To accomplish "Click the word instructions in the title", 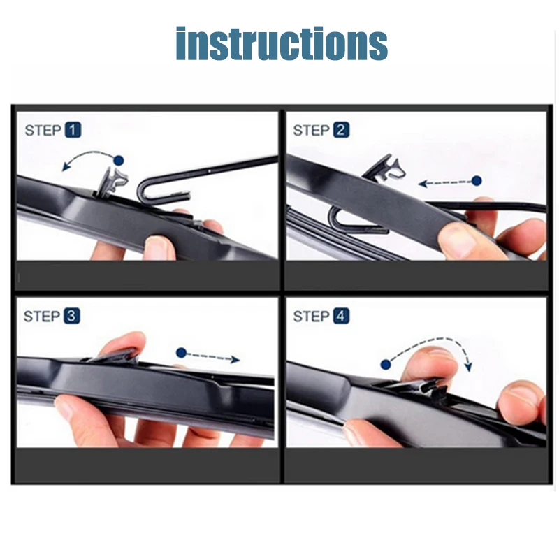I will click(281, 43).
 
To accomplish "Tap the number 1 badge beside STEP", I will click(73, 130).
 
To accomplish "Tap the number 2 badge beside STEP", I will click(341, 130).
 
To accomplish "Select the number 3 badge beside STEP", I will click(72, 316).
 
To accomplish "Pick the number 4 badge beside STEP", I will click(341, 316).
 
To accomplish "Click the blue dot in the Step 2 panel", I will click(477, 181).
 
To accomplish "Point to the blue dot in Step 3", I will click(182, 354).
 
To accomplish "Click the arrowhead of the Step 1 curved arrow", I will click(64, 166).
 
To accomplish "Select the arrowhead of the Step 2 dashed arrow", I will click(422, 184).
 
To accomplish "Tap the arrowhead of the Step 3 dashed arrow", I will click(235, 359).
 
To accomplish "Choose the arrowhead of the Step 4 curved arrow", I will click(468, 367).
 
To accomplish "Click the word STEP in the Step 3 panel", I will click(42, 317).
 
